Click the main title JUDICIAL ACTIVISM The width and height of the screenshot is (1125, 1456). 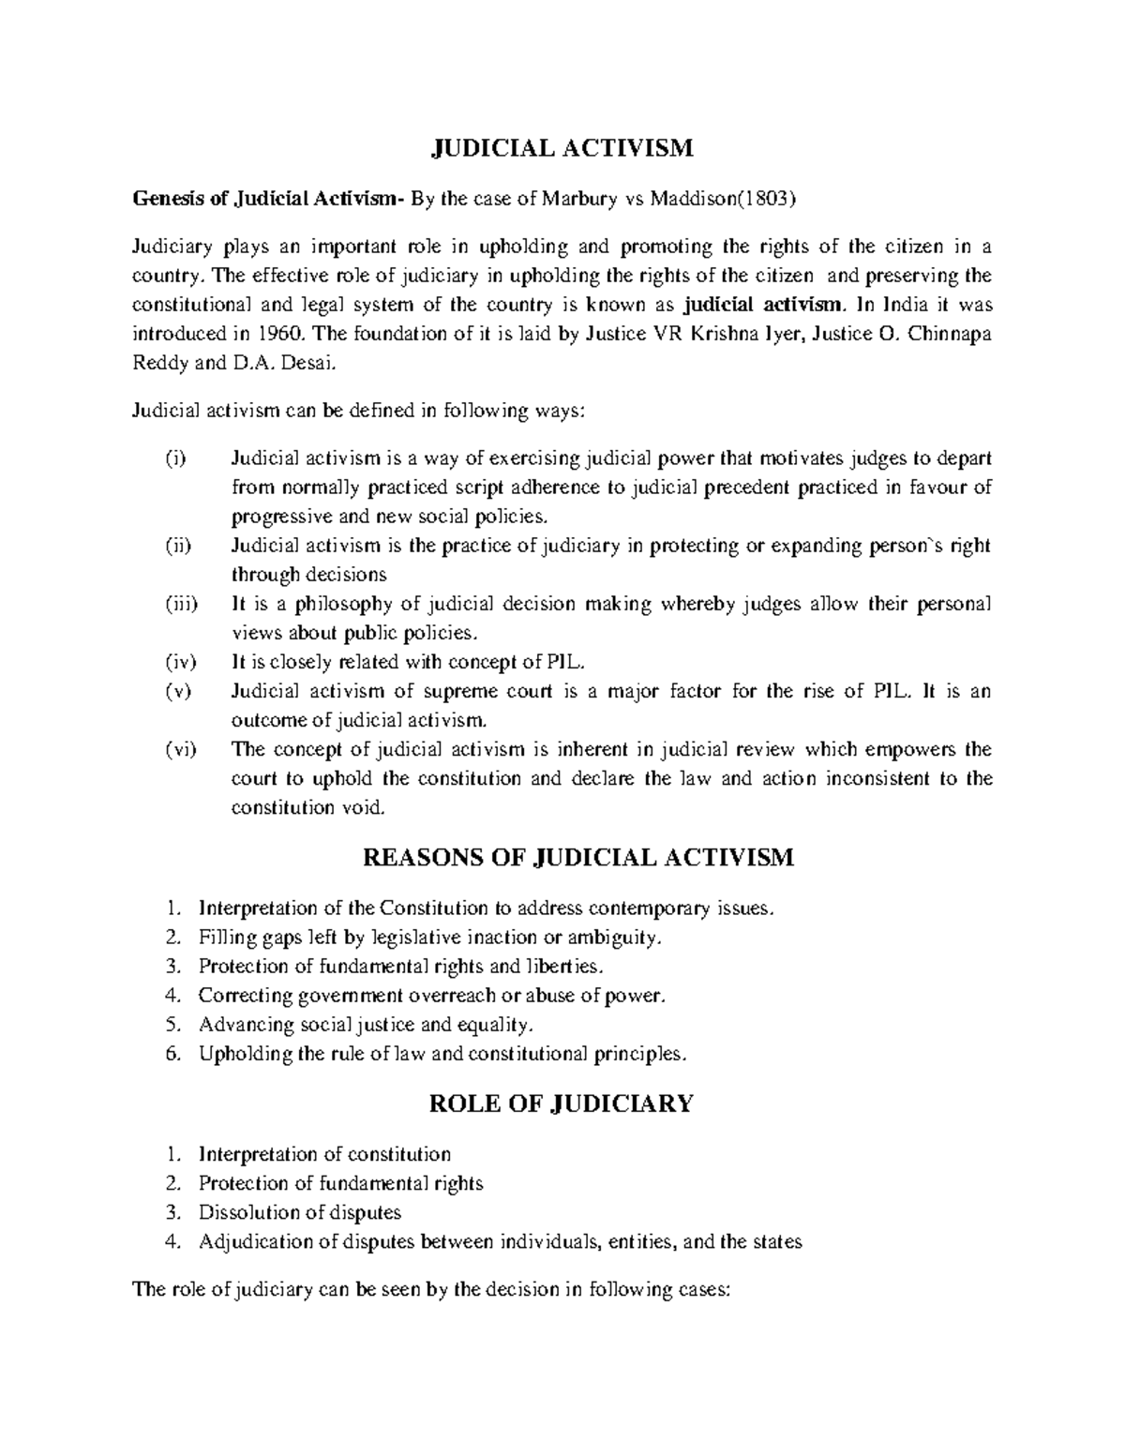[x=562, y=148]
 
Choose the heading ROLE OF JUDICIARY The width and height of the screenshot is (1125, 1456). [x=561, y=1103]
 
